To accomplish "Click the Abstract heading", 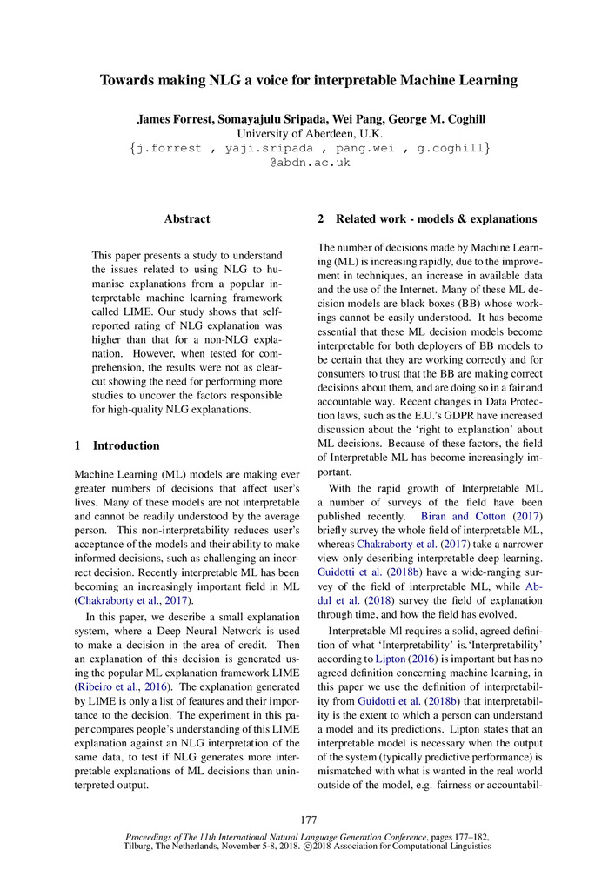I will click(x=187, y=220).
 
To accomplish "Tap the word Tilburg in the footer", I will click(x=143, y=845).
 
